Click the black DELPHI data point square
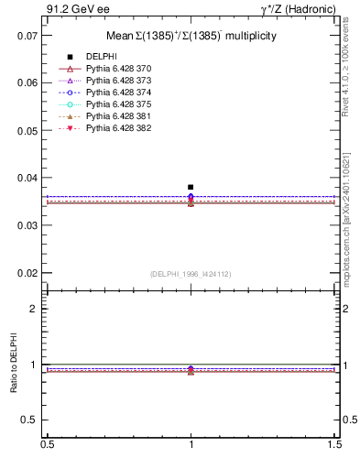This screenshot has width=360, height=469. point(191,187)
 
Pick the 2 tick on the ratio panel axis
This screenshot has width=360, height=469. point(34,309)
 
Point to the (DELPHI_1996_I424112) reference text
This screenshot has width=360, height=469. point(190,273)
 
